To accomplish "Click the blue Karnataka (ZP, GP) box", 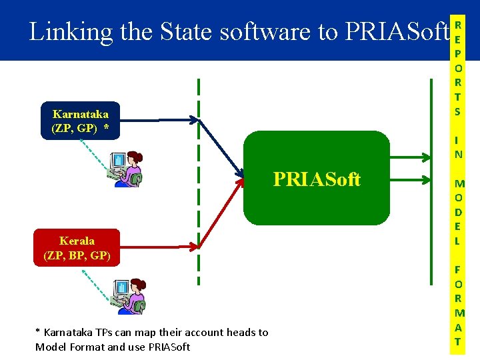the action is (x=80, y=121).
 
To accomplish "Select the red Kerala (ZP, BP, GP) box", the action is (x=77, y=248).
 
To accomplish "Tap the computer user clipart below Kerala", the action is (x=128, y=296).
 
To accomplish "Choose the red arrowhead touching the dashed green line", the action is (x=195, y=245).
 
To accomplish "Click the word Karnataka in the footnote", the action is (x=67, y=332).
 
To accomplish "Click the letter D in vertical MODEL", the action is (x=458, y=213).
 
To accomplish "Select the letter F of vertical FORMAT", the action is (x=458, y=270).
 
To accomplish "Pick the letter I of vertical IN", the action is (x=457, y=140).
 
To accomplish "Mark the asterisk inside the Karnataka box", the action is (x=105, y=127).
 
